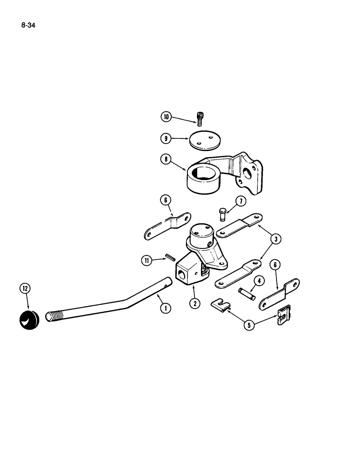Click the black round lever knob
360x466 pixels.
pyautogui.click(x=29, y=320)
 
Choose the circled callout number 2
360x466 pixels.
pyautogui.click(x=195, y=303)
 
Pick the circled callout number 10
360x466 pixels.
pyautogui.click(x=166, y=116)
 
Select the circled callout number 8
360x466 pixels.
pyautogui.click(x=166, y=159)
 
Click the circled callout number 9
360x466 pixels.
pyautogui.click(x=166, y=138)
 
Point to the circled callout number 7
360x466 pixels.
pyautogui.click(x=240, y=202)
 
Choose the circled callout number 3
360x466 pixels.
pyautogui.click(x=276, y=240)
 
